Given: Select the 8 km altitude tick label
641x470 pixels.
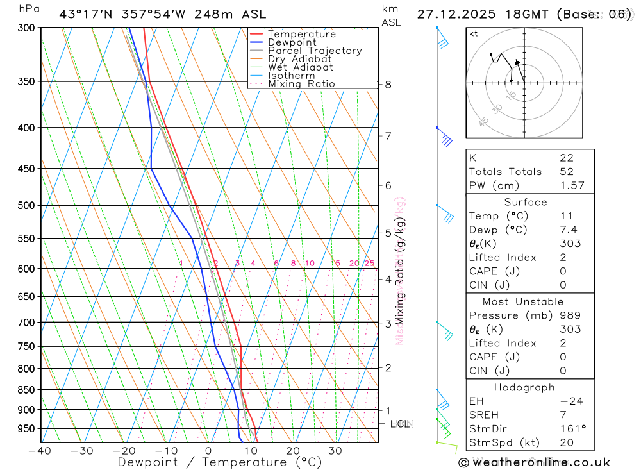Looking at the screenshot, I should tap(388, 84).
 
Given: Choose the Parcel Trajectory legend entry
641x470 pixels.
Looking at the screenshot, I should tap(315, 51).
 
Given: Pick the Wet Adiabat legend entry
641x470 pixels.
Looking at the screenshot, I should tap(300, 67).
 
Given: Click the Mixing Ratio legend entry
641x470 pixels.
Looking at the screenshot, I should tap(301, 83).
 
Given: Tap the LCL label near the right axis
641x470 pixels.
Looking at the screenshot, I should tap(401, 424).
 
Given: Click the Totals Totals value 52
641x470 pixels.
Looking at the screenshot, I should tap(567, 172).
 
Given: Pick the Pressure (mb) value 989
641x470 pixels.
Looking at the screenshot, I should tap(570, 315).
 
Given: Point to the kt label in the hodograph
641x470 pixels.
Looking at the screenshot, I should tap(473, 33).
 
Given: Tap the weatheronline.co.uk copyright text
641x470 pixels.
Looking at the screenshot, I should tap(535, 462).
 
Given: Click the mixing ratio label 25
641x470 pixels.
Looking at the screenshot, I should tap(369, 264).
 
